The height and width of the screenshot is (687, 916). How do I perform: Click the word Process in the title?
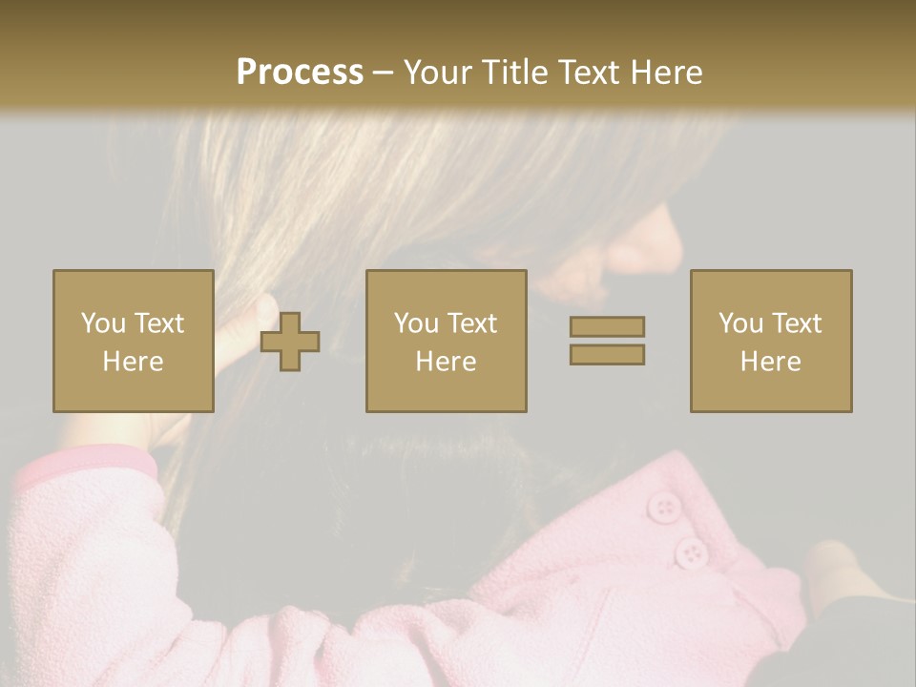(300, 73)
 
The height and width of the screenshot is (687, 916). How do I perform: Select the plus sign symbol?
(290, 342)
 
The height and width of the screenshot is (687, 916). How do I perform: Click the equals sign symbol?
(607, 341)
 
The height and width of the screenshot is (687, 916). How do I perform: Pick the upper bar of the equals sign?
(607, 327)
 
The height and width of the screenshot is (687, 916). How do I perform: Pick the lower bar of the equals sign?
(607, 354)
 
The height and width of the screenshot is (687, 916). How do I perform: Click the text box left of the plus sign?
(134, 341)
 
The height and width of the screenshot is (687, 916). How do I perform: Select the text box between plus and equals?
(447, 341)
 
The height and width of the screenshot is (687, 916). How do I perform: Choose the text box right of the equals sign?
(771, 341)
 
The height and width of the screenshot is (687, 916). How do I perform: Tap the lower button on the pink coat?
(690, 552)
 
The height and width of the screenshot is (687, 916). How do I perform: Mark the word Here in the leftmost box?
(134, 361)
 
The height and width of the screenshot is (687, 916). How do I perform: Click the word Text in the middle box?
(471, 323)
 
